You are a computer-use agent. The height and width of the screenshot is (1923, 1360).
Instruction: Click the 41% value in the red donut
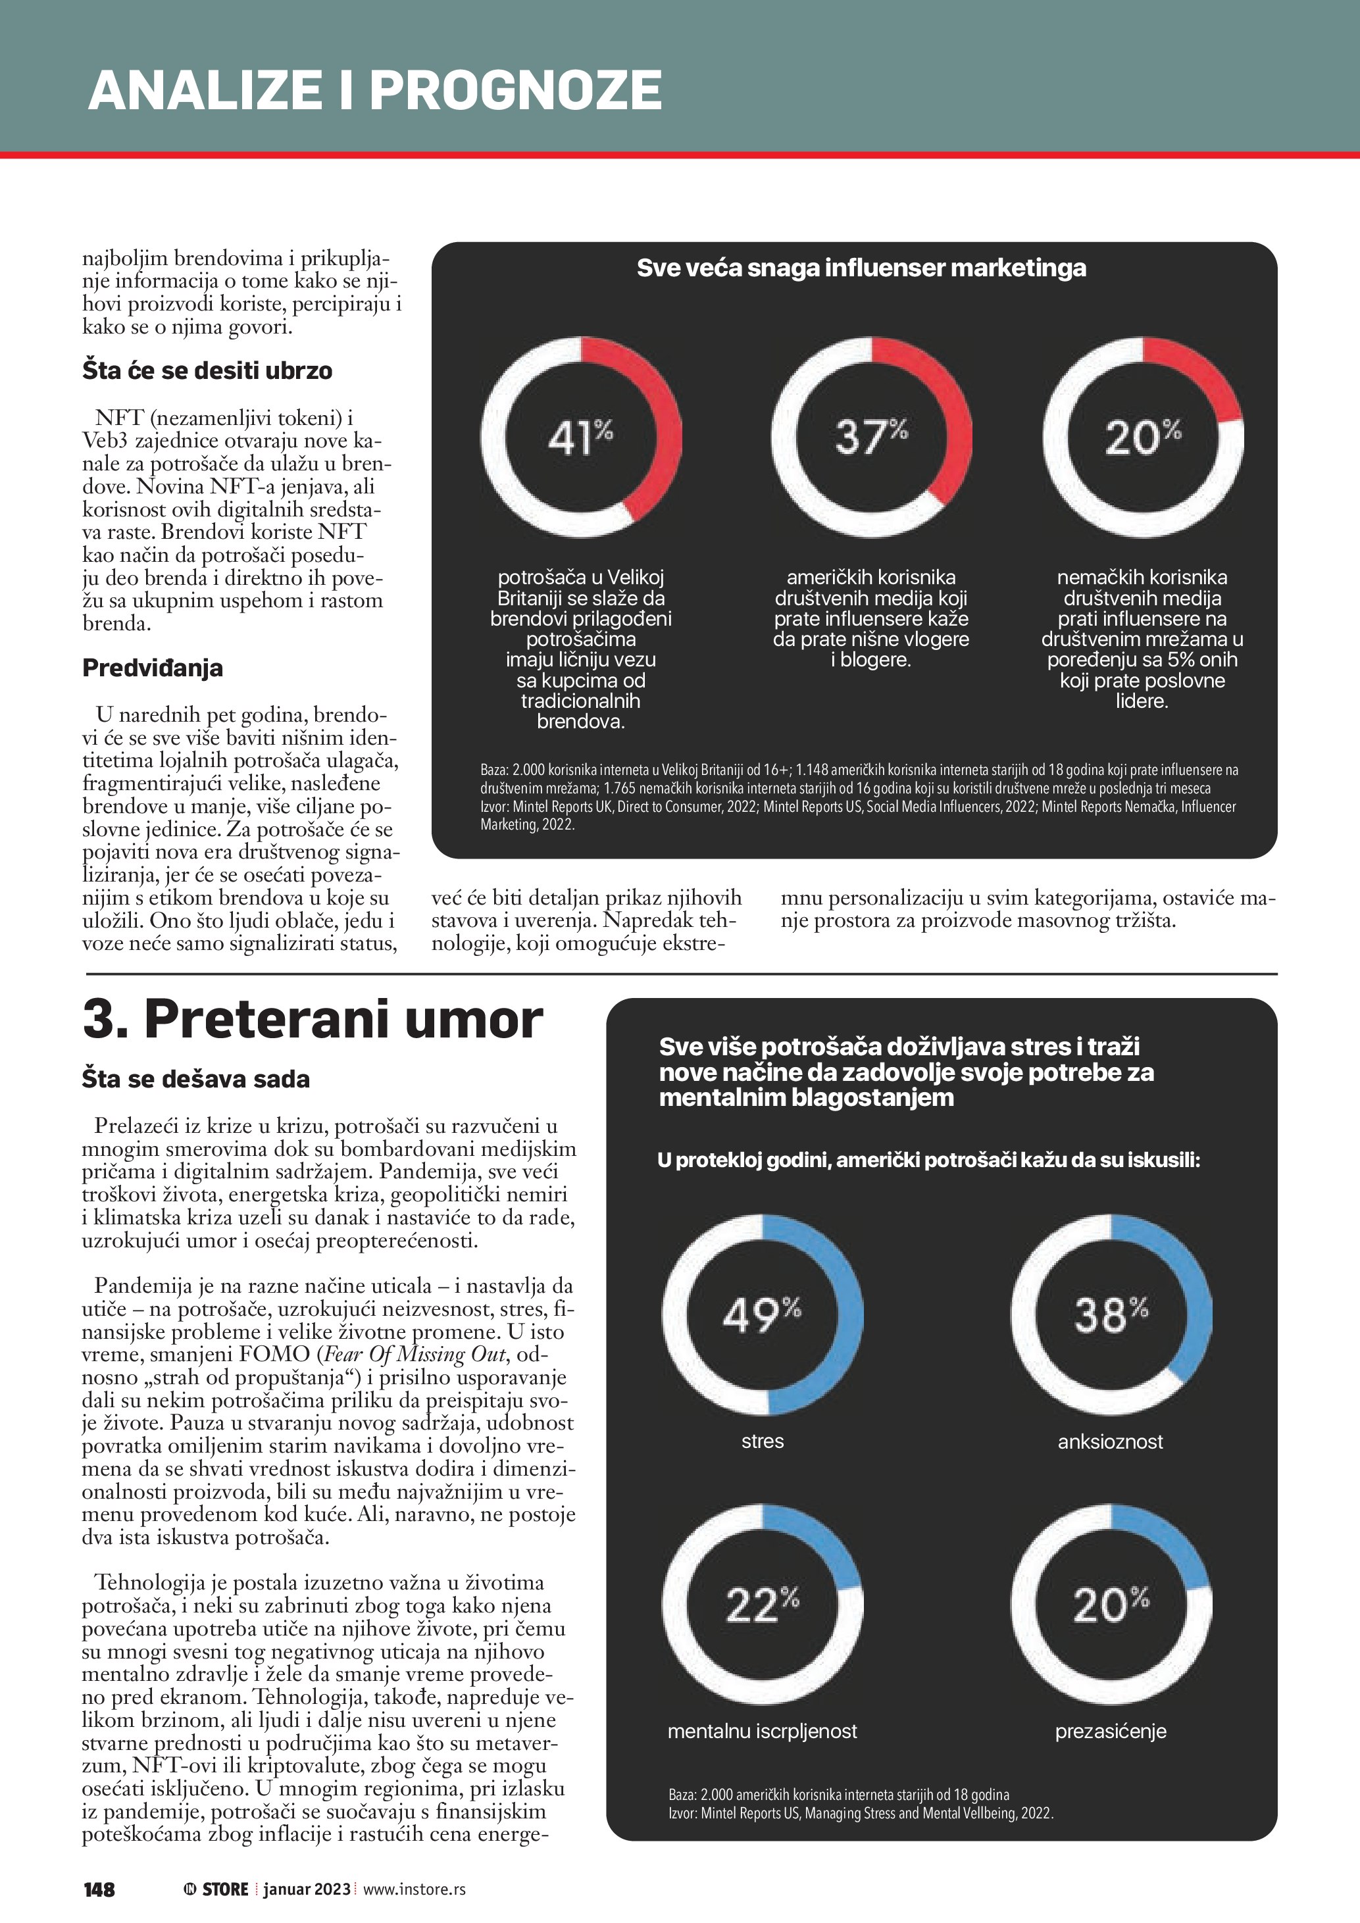coord(580,437)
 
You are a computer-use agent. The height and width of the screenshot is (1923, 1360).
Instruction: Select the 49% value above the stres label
coord(761,1314)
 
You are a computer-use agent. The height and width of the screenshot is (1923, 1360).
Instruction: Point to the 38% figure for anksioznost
coord(1111,1314)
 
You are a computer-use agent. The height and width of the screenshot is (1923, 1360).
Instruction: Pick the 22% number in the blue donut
coord(761,1605)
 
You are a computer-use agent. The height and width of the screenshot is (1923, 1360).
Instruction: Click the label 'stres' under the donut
coord(762,1441)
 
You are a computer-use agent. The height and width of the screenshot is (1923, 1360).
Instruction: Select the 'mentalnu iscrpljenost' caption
coord(762,1731)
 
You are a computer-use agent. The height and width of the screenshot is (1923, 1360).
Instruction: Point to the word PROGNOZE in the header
coord(515,90)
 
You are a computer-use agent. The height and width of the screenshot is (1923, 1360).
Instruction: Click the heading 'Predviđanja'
coord(153,668)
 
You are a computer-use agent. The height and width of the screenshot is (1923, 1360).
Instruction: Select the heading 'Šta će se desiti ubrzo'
coord(207,371)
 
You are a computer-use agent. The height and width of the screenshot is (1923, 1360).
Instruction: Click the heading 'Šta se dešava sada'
coord(196,1079)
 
